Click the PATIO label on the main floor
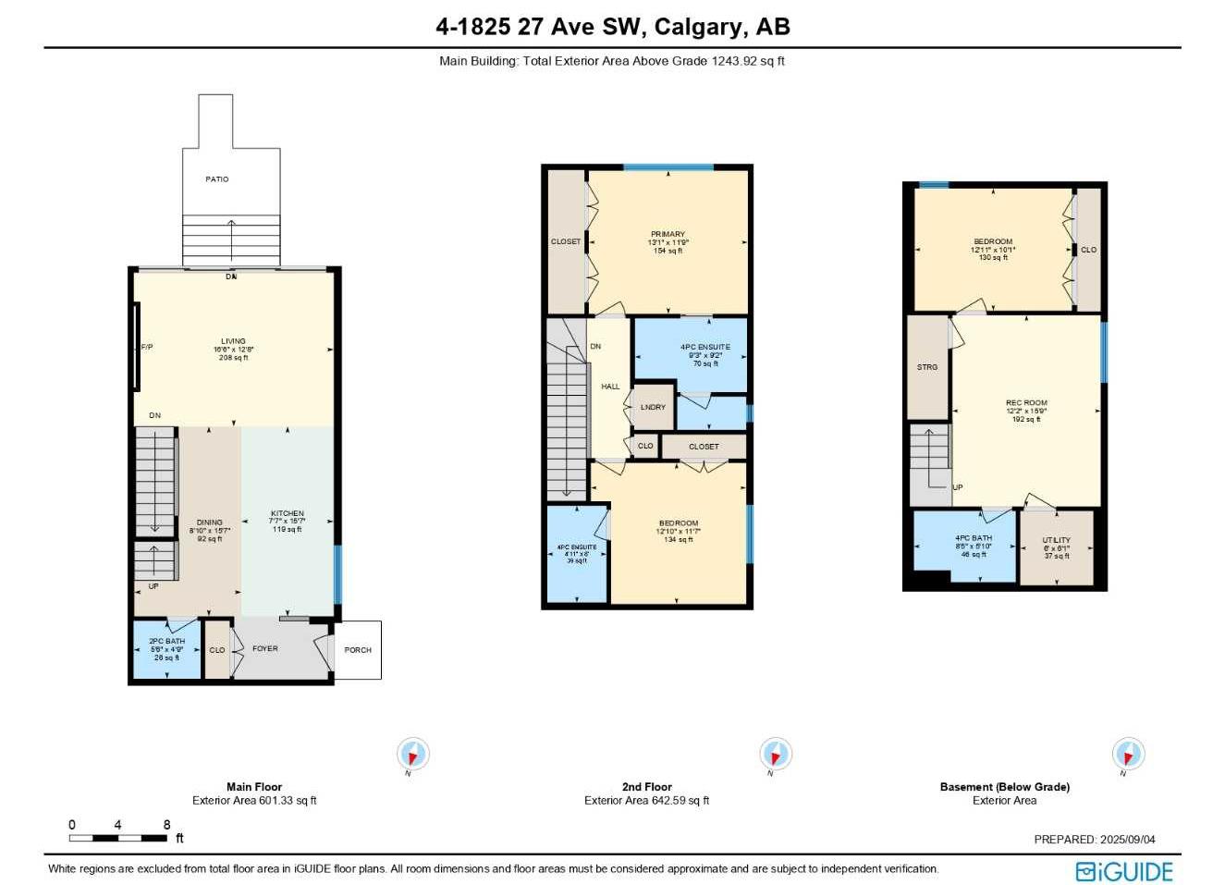pyautogui.click(x=216, y=179)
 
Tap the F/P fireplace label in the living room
pyautogui.click(x=146, y=347)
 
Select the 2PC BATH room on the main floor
pyautogui.click(x=167, y=649)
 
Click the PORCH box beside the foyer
pyautogui.click(x=357, y=650)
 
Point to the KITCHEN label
pyautogui.click(x=288, y=514)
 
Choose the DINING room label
pyautogui.click(x=210, y=523)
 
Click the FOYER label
pyautogui.click(x=265, y=649)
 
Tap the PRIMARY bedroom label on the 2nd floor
pyautogui.click(x=668, y=235)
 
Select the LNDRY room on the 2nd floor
pyautogui.click(x=653, y=407)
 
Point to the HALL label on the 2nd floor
pyautogui.click(x=610, y=387)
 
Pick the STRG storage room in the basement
pyautogui.click(x=927, y=367)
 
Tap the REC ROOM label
pyautogui.click(x=1026, y=403)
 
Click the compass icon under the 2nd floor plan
pyautogui.click(x=775, y=754)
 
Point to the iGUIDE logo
pyautogui.click(x=1124, y=871)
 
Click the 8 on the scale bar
pyautogui.click(x=166, y=825)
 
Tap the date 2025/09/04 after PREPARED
pyautogui.click(x=1127, y=840)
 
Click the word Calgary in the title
pyautogui.click(x=697, y=27)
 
